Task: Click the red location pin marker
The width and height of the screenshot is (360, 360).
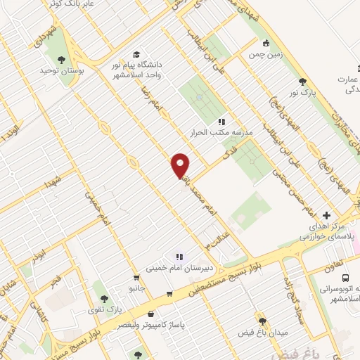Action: (x=181, y=165)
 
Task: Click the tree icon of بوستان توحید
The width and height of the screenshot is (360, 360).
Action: (x=63, y=60)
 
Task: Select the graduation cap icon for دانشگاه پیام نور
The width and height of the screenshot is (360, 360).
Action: (x=136, y=54)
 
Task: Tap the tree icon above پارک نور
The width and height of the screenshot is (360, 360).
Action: (x=302, y=82)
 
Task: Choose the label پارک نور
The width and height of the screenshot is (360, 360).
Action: (x=304, y=93)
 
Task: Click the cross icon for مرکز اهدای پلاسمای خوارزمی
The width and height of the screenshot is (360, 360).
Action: (x=326, y=215)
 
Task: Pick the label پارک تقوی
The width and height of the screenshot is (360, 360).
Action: (x=109, y=309)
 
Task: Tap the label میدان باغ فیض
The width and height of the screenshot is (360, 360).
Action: (x=266, y=330)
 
